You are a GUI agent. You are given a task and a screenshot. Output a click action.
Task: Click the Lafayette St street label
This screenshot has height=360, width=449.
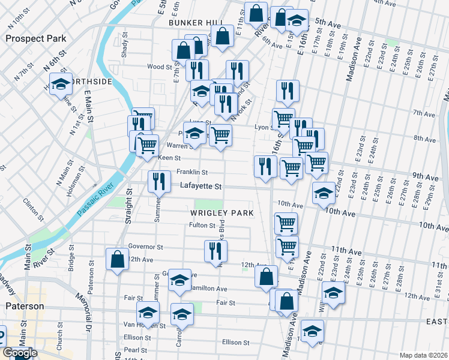pyautogui.click(x=201, y=187)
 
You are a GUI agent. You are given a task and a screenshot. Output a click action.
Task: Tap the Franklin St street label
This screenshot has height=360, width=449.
pyautogui.click(x=191, y=172)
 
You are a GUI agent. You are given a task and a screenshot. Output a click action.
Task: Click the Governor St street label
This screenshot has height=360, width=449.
pyautogui.click(x=145, y=247)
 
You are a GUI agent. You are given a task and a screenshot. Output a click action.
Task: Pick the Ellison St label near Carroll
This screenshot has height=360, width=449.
pyautogui.click(x=235, y=343)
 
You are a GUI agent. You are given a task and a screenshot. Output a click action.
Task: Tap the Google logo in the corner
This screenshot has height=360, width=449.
pyautogui.click(x=20, y=353)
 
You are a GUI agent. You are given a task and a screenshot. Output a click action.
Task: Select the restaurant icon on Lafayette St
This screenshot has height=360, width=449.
pyautogui.click(x=158, y=181)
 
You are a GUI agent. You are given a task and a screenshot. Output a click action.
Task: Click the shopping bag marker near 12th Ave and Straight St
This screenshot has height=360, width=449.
pyautogui.click(x=117, y=259)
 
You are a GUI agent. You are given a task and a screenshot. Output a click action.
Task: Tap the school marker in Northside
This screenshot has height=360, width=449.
pyautogui.click(x=60, y=85)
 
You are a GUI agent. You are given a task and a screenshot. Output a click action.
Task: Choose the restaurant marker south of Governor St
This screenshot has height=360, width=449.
pyautogui.click(x=215, y=251)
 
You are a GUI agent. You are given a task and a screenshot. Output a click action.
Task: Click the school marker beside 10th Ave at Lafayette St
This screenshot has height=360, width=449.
pyautogui.click(x=324, y=193)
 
